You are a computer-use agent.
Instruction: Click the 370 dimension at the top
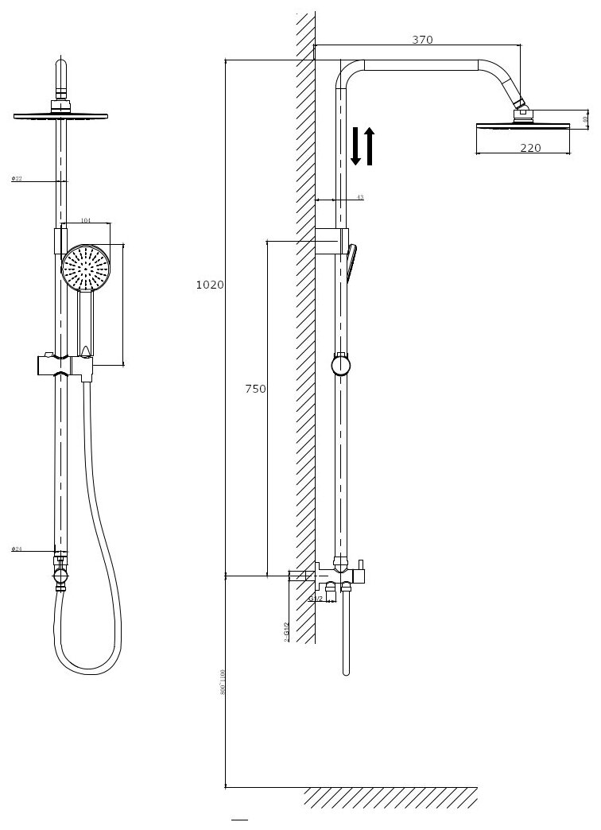click(422, 40)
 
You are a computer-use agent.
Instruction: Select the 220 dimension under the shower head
click(530, 147)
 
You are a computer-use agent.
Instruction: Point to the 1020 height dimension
click(210, 285)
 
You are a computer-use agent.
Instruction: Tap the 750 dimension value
click(255, 389)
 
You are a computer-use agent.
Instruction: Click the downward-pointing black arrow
click(355, 145)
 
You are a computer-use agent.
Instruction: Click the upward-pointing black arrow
click(369, 145)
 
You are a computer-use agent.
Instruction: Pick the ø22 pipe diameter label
click(17, 179)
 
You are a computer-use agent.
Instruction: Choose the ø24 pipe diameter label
click(17, 549)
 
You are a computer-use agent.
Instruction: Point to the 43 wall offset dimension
click(359, 197)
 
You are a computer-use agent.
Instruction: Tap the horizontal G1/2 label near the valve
click(316, 598)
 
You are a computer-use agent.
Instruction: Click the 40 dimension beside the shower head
click(584, 119)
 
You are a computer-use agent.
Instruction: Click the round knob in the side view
click(341, 366)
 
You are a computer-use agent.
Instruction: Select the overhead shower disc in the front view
click(60, 117)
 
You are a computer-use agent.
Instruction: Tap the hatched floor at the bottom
click(390, 796)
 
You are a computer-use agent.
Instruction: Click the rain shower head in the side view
click(522, 125)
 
